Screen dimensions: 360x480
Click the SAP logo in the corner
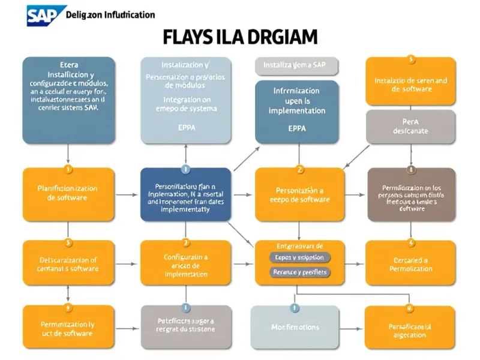pyautogui.click(x=43, y=14)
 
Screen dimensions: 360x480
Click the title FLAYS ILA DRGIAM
pyautogui.click(x=239, y=37)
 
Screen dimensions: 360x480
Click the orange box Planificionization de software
pyautogui.click(x=68, y=194)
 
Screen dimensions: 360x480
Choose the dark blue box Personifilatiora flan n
pyautogui.click(x=185, y=194)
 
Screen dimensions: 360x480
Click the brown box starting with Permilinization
pyautogui.click(x=411, y=194)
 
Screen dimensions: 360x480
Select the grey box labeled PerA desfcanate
pyautogui.click(x=410, y=126)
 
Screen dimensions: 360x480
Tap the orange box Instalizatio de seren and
pyautogui.click(x=410, y=84)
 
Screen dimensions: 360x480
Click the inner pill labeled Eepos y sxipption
pyautogui.click(x=299, y=257)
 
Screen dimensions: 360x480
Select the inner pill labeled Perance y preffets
pyautogui.click(x=299, y=272)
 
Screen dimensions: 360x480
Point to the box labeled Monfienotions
pyautogui.click(x=295, y=327)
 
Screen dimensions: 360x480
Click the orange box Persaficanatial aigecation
pyautogui.click(x=410, y=327)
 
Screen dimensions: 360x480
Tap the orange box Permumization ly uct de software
pyautogui.click(x=68, y=327)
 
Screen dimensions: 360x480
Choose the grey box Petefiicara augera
pyautogui.click(x=185, y=327)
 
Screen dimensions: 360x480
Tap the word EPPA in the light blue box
pyautogui.click(x=185, y=128)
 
